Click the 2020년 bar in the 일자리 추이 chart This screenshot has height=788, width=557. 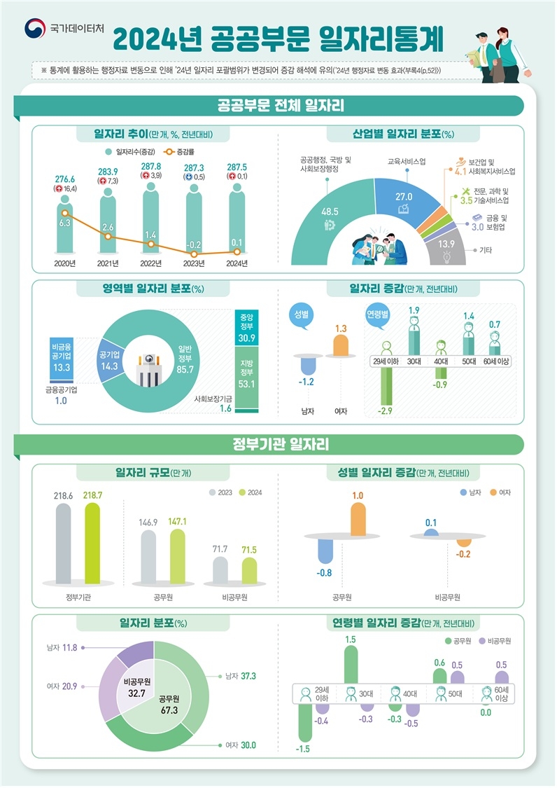click(64, 228)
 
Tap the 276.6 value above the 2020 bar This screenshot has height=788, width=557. click(64, 179)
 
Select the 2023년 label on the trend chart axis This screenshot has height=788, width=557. click(194, 263)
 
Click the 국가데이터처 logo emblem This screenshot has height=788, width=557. click(34, 29)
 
